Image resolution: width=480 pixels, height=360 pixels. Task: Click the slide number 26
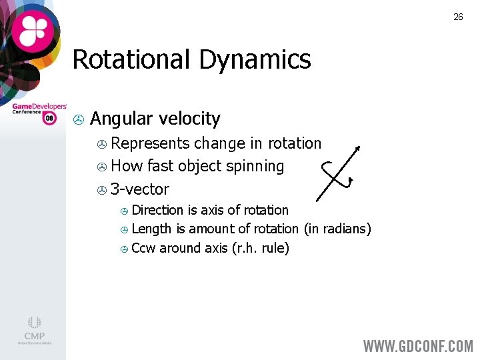tap(458, 17)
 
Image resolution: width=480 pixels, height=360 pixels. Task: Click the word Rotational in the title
tap(130, 59)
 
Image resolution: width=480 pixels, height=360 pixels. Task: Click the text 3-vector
tap(140, 189)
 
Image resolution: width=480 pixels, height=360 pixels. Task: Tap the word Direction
tap(158, 210)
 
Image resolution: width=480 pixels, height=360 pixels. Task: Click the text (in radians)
tap(337, 229)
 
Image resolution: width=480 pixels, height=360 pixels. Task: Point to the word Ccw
tap(143, 248)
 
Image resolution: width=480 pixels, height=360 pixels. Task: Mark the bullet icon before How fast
tap(101, 167)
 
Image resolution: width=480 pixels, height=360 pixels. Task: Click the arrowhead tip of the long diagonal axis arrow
tap(360, 147)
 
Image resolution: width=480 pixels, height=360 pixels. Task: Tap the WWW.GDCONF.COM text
tap(418, 346)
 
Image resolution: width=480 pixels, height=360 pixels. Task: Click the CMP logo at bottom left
tap(34, 330)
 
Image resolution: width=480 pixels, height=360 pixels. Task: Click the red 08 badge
tap(49, 118)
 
